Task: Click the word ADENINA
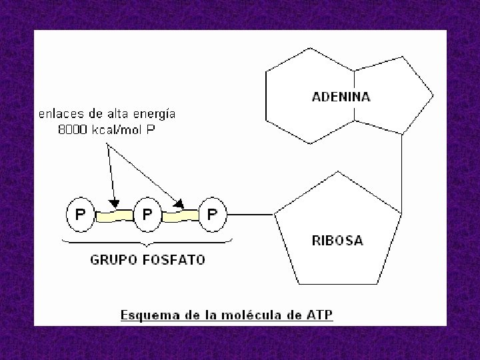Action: (x=341, y=97)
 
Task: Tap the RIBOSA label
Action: (x=337, y=241)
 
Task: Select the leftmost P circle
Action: (x=80, y=215)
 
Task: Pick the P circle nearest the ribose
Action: (x=212, y=215)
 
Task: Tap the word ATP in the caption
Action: (x=320, y=314)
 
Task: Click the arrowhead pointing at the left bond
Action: (x=115, y=202)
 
